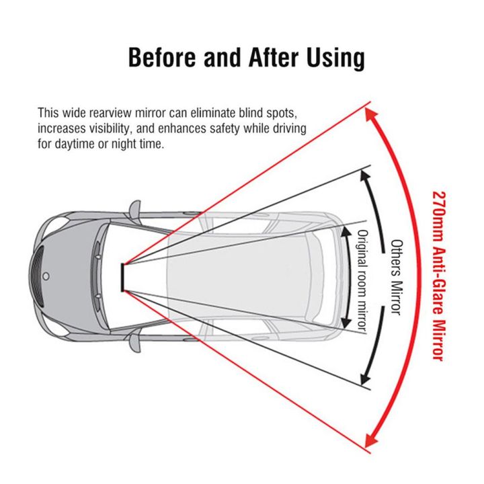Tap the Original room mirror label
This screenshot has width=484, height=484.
(x=361, y=279)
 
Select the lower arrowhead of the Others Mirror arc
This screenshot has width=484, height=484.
(x=366, y=378)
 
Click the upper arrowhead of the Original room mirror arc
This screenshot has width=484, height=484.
(x=344, y=231)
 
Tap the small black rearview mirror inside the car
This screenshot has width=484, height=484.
(x=122, y=276)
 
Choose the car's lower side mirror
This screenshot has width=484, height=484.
(x=134, y=341)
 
